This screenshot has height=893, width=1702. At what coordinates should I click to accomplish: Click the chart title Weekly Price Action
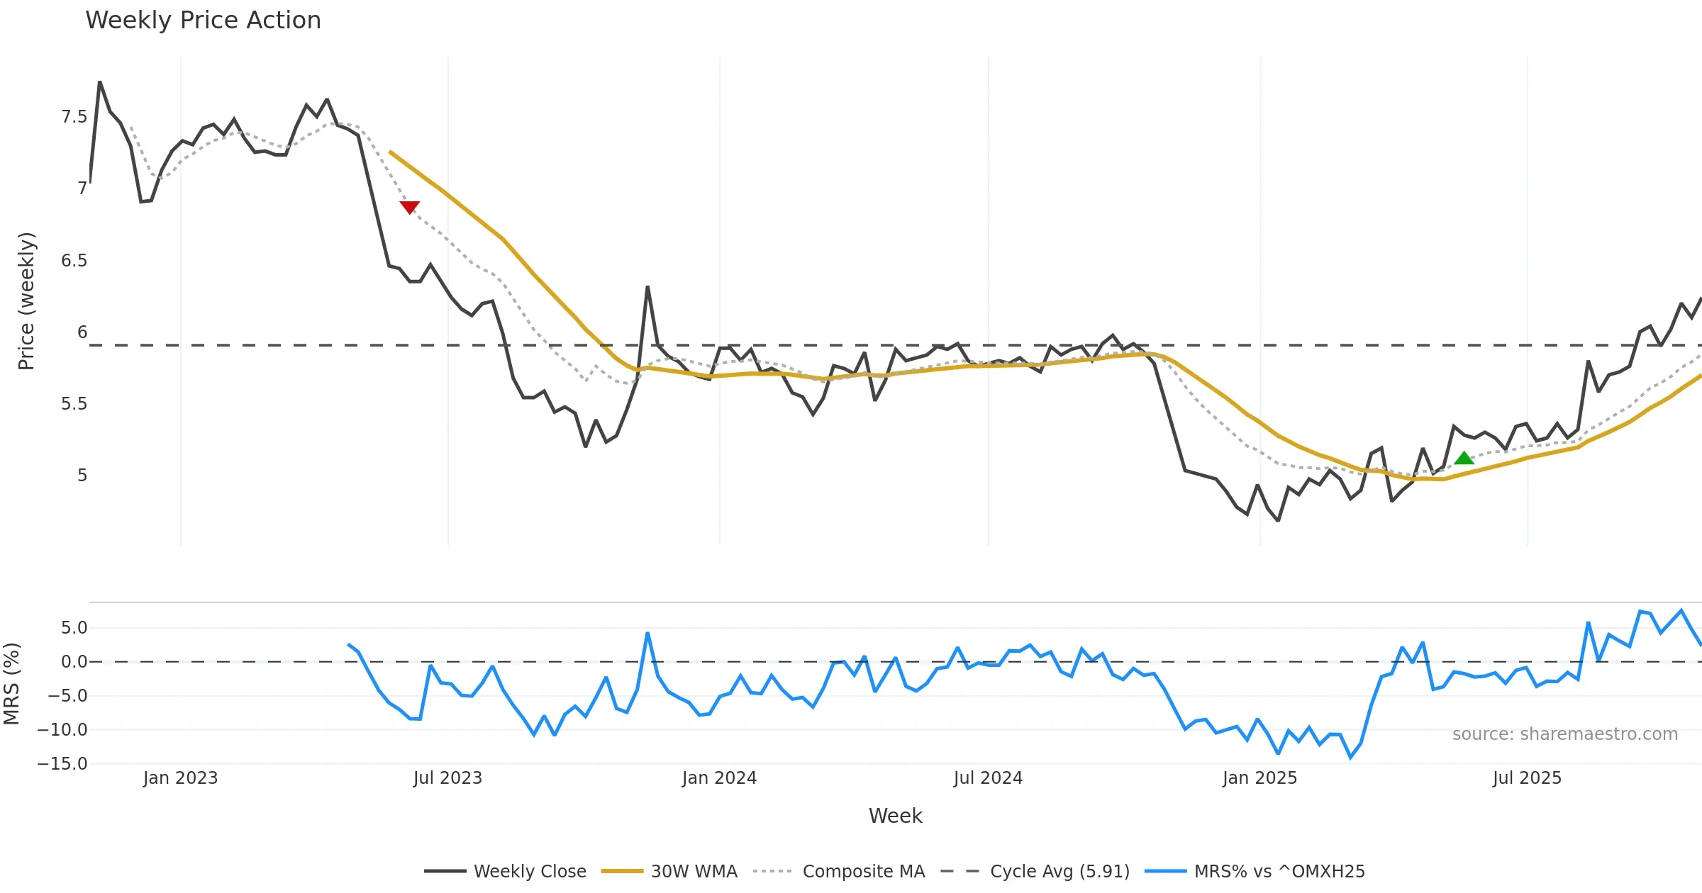[x=203, y=21]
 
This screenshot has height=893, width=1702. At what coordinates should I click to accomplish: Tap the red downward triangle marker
[x=409, y=207]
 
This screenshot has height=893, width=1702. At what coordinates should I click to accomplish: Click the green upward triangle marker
[x=1464, y=458]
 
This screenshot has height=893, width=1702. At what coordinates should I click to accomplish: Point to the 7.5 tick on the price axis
[x=74, y=117]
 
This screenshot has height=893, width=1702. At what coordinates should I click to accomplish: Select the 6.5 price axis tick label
[x=74, y=261]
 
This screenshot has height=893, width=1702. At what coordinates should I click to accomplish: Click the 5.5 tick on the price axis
[x=74, y=404]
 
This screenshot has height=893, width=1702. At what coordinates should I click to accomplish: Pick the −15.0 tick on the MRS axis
[x=62, y=764]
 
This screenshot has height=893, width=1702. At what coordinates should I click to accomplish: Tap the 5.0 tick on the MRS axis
[x=74, y=628]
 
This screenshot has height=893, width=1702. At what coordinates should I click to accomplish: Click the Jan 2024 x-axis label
[x=719, y=778]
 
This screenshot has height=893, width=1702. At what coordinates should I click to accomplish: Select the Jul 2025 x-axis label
[x=1527, y=778]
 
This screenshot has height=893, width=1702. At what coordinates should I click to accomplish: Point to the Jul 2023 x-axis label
[x=447, y=778]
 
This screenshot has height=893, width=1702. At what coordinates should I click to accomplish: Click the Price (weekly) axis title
[x=26, y=301]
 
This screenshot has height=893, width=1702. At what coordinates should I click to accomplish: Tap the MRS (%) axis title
[x=11, y=683]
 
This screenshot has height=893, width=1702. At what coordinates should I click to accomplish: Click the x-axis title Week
[x=895, y=816]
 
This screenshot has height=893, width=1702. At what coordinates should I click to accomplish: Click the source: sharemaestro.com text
[x=1564, y=734]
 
